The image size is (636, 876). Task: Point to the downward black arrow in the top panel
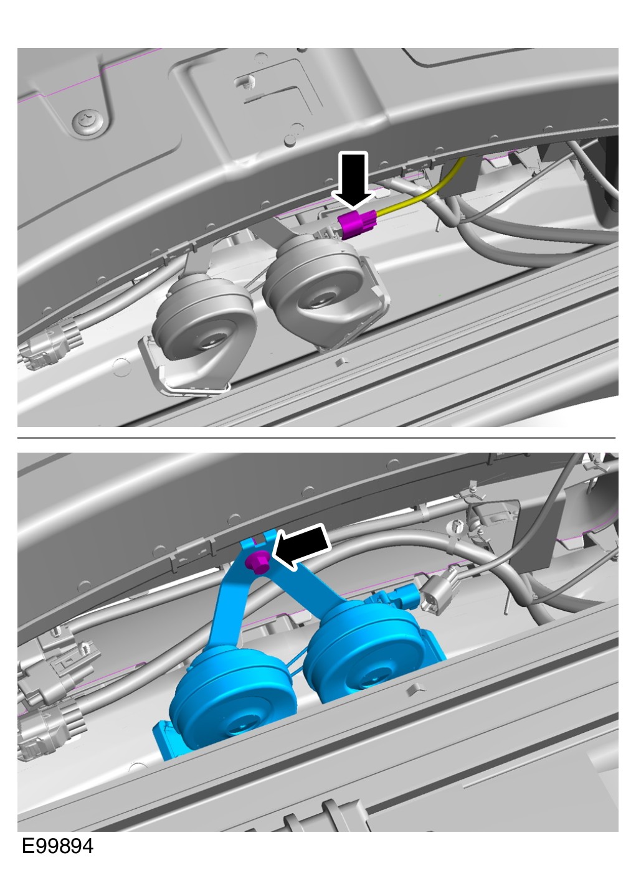coord(353,180)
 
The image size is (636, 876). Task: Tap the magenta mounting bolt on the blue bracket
coord(257,562)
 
